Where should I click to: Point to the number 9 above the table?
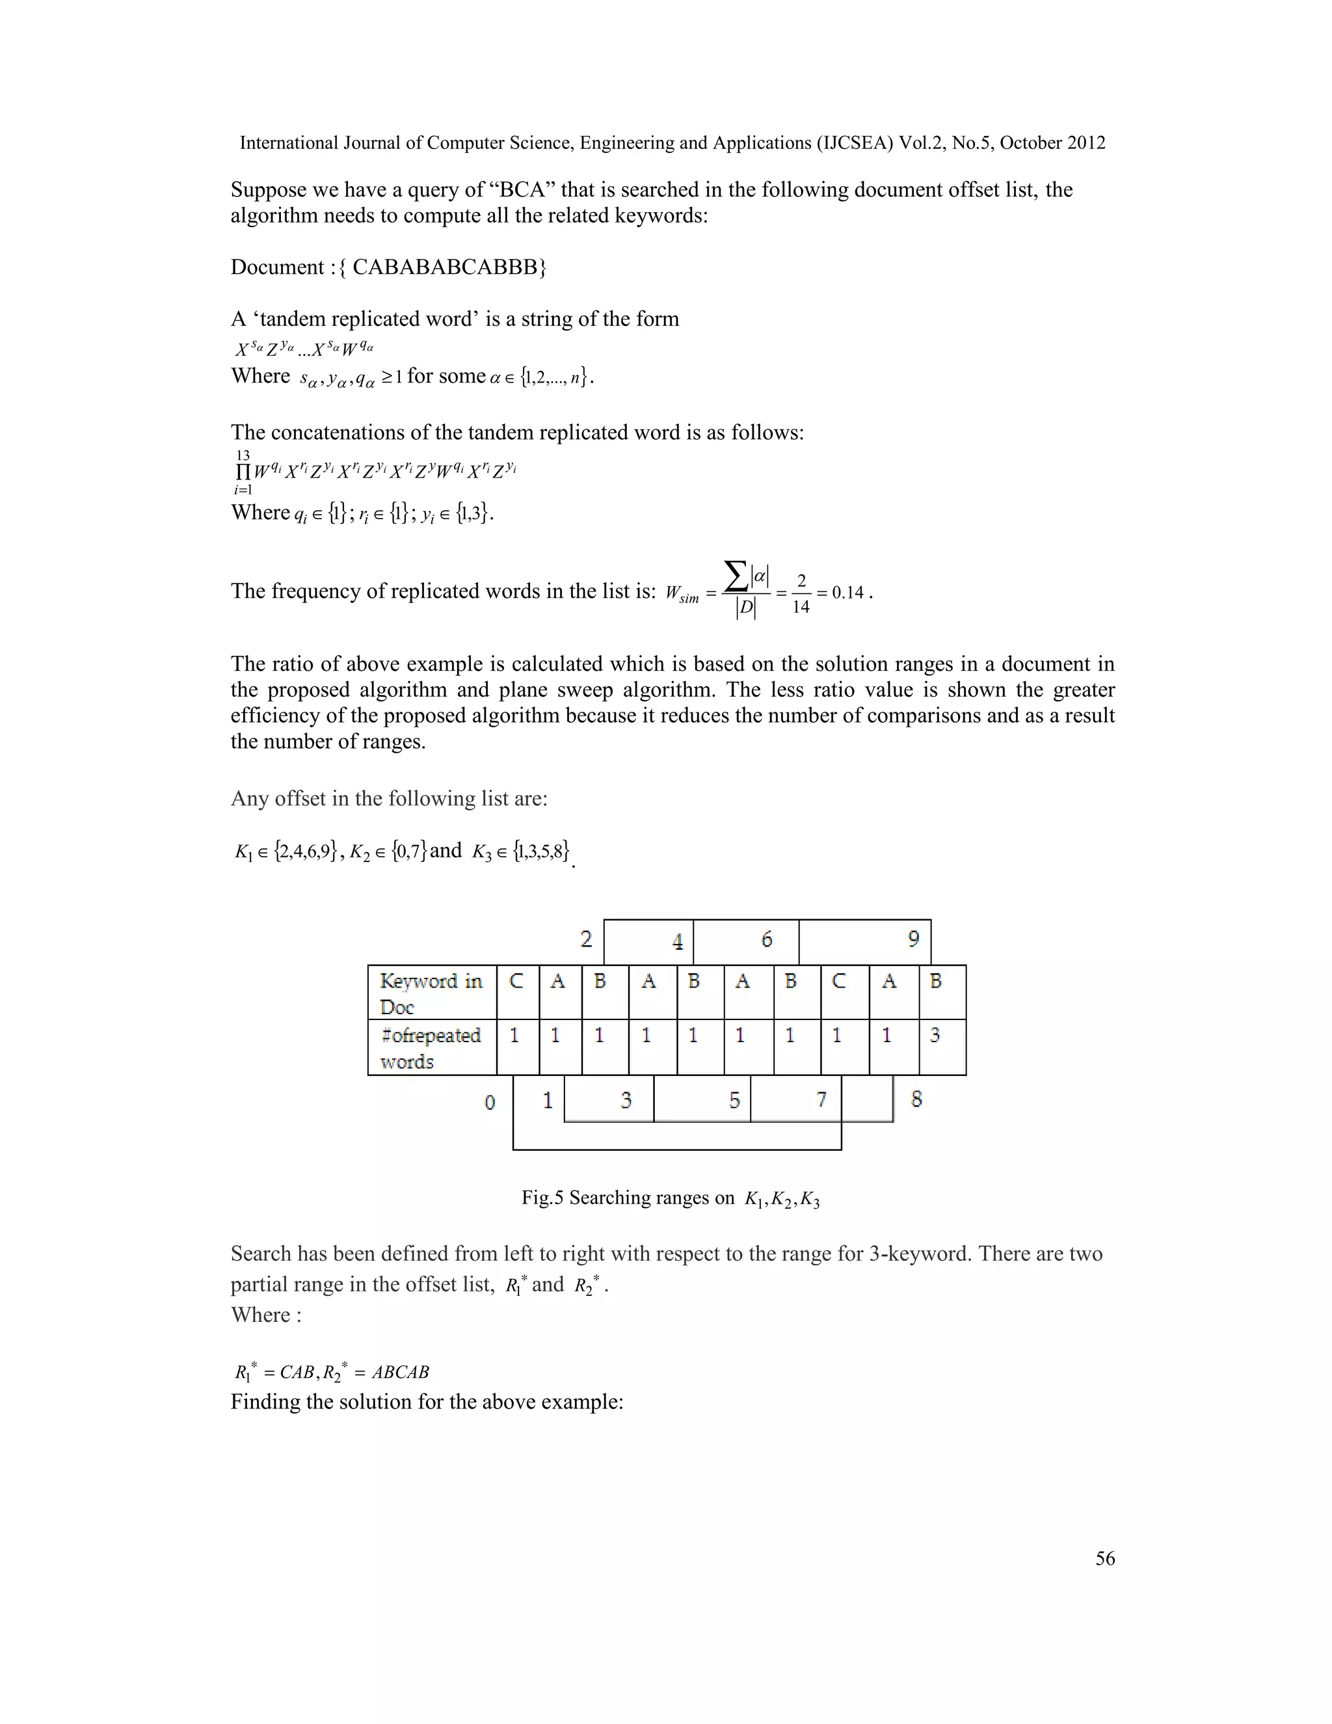coord(913,939)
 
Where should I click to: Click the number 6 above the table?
coord(766,939)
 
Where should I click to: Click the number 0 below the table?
coord(489,1102)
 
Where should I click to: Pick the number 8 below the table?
coord(916,1099)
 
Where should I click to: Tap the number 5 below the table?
coord(734,1099)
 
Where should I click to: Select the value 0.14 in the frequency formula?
coord(847,593)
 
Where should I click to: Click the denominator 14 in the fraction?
coord(800,607)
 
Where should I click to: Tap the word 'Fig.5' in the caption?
coord(542,1198)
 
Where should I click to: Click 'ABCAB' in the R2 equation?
coord(400,1372)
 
